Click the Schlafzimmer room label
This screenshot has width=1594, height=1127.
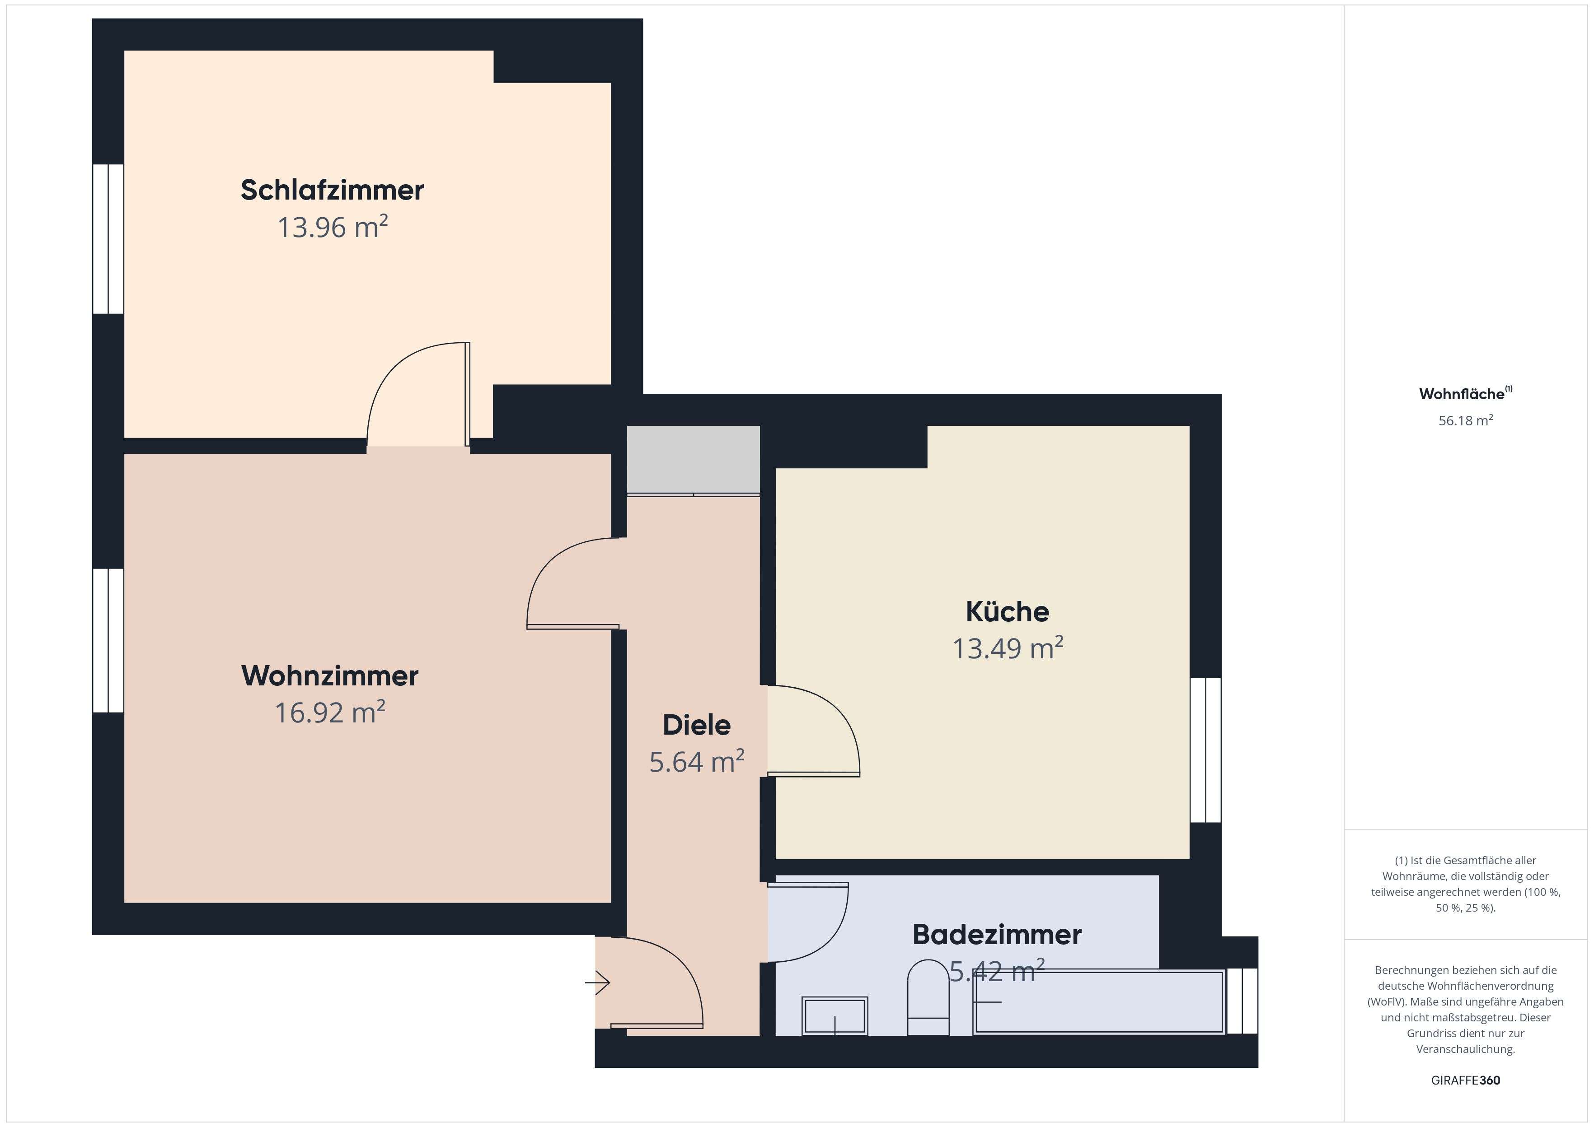332,190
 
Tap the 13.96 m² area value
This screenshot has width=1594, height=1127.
332,227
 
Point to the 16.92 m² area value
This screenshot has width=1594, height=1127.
330,713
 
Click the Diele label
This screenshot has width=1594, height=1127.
696,725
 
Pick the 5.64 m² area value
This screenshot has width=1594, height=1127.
696,762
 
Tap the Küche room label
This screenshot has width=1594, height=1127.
1008,611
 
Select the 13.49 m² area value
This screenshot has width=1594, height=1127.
1008,648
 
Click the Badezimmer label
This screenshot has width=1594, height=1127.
997,935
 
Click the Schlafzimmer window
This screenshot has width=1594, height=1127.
108,239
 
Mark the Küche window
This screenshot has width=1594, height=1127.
1206,750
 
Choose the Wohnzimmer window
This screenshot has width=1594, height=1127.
108,641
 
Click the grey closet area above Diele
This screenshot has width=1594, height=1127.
693,459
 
